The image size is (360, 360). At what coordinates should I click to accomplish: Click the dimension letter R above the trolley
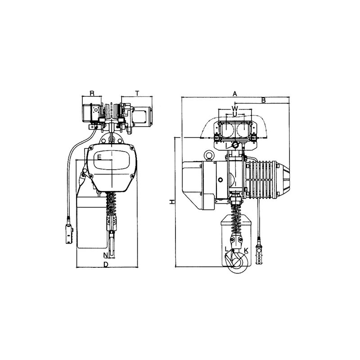92,93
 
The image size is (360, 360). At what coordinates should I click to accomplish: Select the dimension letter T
137,93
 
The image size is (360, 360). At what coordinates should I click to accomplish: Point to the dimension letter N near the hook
105,255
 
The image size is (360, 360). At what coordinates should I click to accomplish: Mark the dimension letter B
264,100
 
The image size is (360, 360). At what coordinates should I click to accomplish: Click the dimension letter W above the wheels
234,108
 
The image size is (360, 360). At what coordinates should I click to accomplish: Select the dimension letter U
234,114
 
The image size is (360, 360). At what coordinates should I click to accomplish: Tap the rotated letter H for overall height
171,202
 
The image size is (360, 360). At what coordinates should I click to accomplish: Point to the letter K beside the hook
246,250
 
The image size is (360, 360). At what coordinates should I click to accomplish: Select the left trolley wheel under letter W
226,129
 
